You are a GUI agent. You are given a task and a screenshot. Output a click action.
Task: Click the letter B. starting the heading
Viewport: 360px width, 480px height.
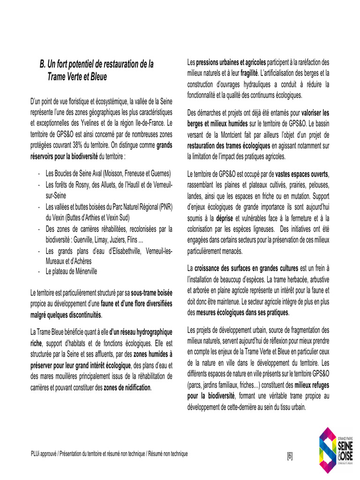43,64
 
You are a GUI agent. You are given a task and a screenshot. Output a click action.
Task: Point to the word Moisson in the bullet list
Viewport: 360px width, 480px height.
114,173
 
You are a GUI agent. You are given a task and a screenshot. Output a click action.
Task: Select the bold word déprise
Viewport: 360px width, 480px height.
225,218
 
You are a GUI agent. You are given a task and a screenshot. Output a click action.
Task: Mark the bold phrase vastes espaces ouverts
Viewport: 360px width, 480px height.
302,173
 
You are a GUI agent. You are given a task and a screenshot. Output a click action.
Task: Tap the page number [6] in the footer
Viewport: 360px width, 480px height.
290,456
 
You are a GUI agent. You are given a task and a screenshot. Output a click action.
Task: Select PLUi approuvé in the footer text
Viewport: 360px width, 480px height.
44,454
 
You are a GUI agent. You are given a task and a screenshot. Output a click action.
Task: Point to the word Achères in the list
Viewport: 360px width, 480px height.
82,261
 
